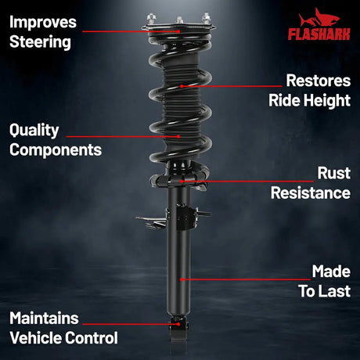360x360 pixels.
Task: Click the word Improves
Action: click(43, 23)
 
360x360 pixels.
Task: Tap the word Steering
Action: click(40, 42)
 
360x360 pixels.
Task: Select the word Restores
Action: click(319, 81)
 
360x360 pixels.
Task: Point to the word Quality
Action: click(34, 131)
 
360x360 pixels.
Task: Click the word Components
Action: click(56, 150)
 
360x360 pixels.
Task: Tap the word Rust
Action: click(334, 173)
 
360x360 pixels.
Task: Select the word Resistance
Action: click(311, 193)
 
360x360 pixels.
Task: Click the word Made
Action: click(331, 272)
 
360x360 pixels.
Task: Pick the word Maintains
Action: click(44, 319)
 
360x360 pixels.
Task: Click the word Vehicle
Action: click(35, 338)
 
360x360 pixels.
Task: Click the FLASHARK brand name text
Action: click(319, 34)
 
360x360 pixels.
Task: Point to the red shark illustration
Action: click(319, 18)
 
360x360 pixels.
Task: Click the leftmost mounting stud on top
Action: click(151, 19)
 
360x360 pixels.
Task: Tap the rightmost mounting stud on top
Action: click(207, 18)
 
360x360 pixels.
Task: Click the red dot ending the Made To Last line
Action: click(182, 279)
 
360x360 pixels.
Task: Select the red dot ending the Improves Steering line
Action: click(178, 31)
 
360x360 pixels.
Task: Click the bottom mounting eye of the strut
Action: click(178, 329)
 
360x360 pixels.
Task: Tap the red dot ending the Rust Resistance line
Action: click(182, 181)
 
